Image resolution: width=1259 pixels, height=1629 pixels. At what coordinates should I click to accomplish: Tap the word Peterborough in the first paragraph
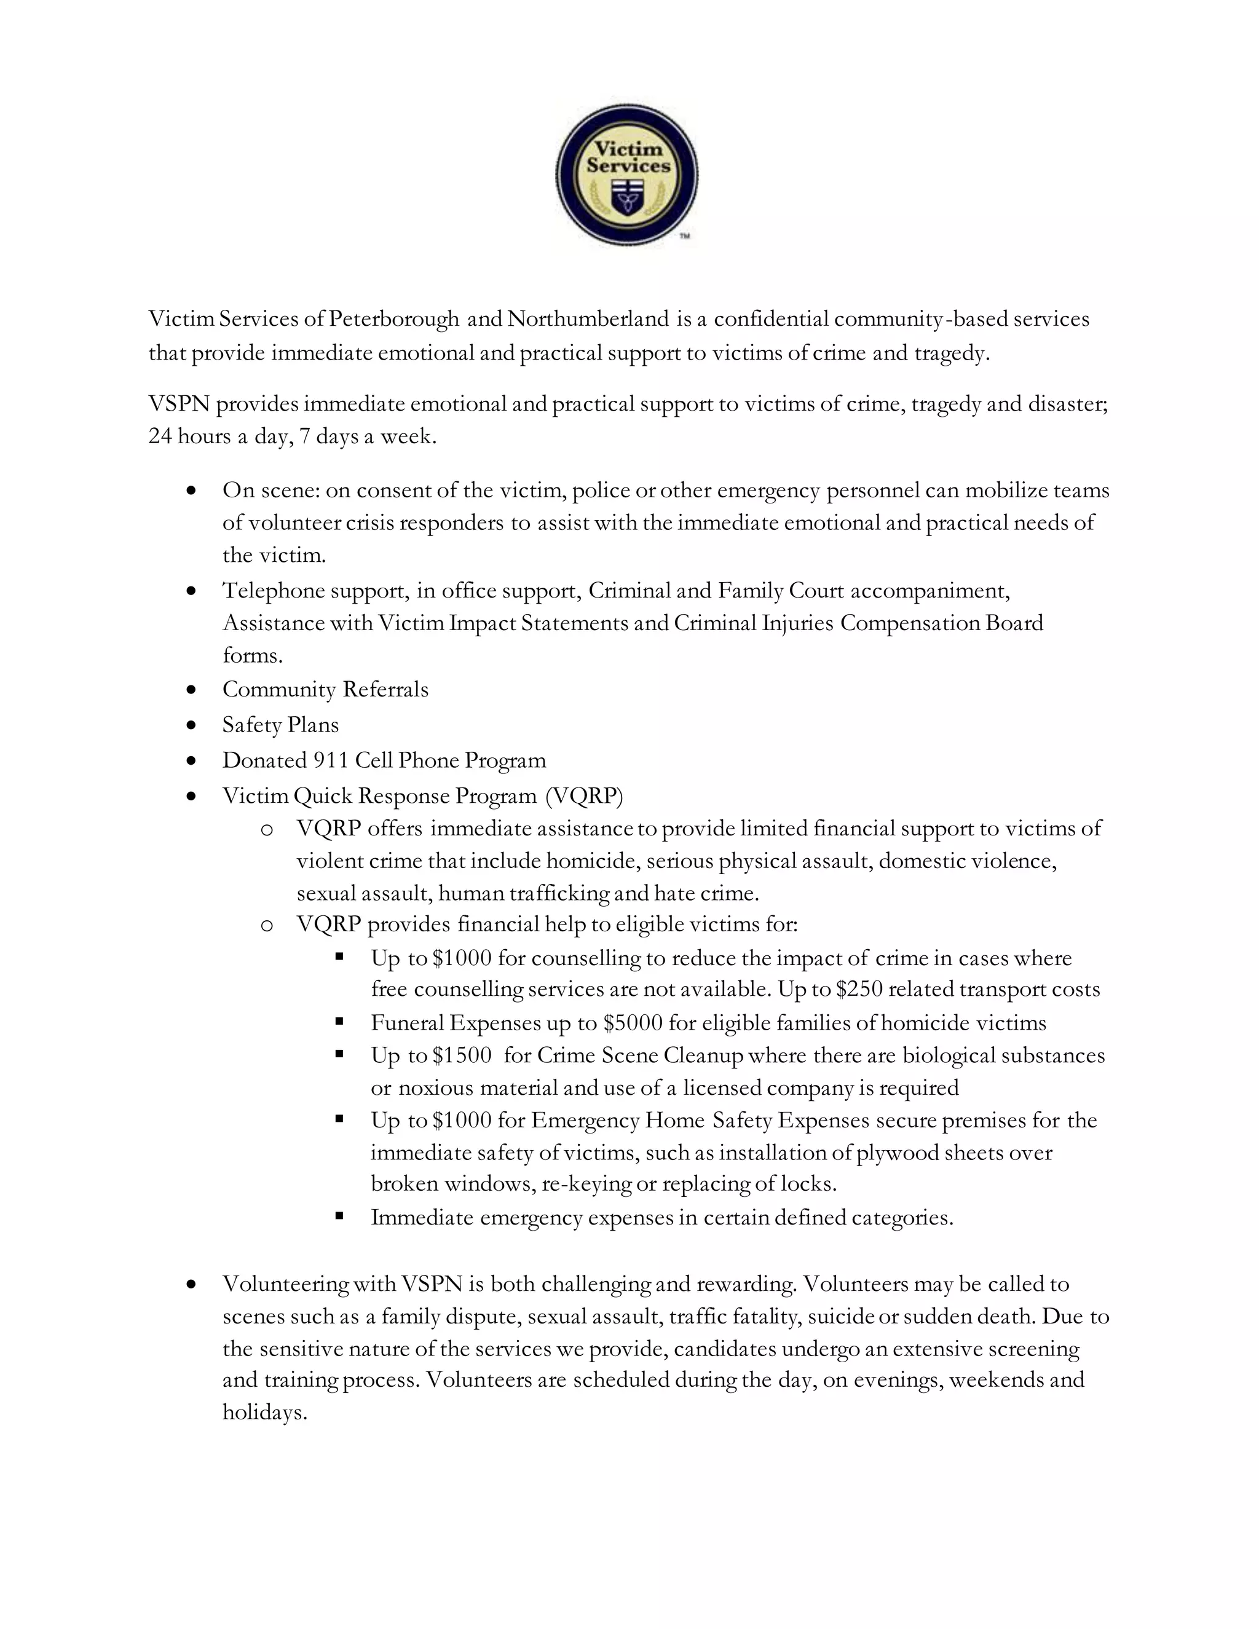tap(394, 319)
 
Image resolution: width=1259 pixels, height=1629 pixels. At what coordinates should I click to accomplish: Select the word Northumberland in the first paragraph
tap(588, 319)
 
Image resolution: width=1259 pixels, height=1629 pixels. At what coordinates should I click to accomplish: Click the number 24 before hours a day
tap(160, 436)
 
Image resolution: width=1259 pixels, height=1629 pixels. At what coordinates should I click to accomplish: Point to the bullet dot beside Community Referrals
tap(192, 690)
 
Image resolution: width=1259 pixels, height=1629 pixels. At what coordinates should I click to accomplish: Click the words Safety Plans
tap(280, 725)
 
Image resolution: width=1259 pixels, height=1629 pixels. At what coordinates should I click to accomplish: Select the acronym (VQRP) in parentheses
tap(584, 797)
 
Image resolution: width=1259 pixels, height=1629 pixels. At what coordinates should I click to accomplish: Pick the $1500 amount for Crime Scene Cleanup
tap(462, 1055)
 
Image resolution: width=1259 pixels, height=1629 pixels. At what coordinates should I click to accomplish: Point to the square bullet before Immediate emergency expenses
tap(339, 1217)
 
